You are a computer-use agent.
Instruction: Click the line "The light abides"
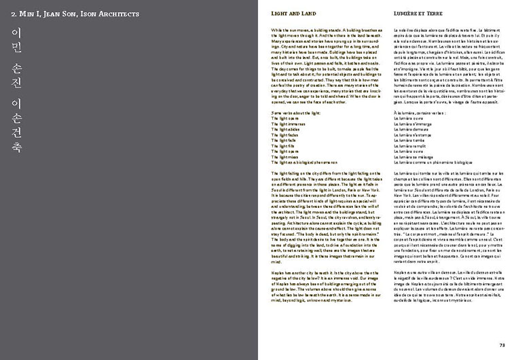pyautogui.click(x=286, y=130)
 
